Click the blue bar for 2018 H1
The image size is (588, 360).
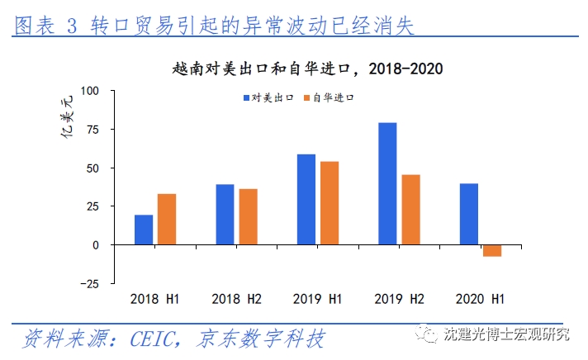click(144, 230)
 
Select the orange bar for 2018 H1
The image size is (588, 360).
click(167, 219)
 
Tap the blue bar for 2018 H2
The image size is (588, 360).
click(225, 215)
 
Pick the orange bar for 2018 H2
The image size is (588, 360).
click(248, 216)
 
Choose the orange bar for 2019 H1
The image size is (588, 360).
click(329, 203)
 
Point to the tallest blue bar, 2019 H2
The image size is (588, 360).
click(387, 183)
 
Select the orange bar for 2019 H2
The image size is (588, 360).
click(410, 210)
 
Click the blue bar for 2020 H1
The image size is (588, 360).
click(469, 214)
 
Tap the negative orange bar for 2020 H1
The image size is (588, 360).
click(492, 250)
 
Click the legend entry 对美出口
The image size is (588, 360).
click(269, 97)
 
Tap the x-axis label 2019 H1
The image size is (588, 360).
click(318, 298)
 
